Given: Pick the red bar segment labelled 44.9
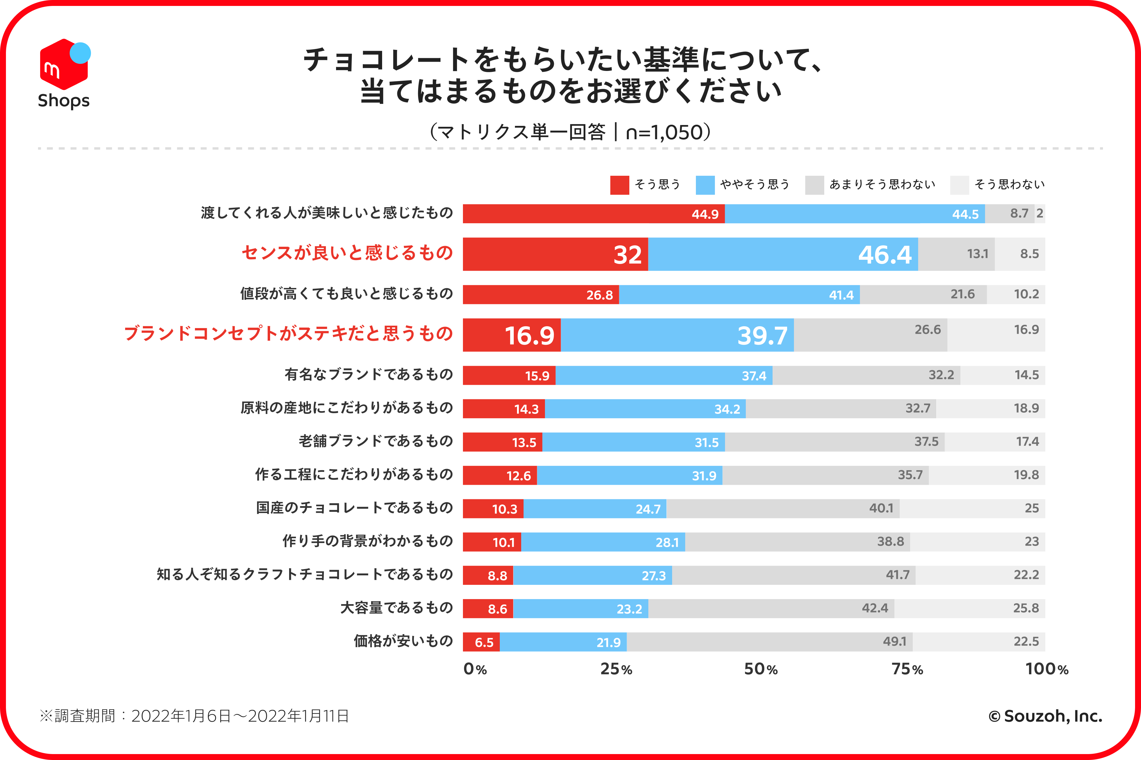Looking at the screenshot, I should click(x=593, y=214).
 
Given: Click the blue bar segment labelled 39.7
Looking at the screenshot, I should click(x=677, y=335).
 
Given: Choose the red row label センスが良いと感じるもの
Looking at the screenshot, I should click(x=347, y=253).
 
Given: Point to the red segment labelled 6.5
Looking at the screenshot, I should click(x=481, y=642).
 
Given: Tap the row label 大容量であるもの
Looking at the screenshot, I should click(x=396, y=608).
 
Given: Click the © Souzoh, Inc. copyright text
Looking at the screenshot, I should click(x=1045, y=716).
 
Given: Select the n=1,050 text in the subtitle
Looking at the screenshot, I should click(x=664, y=132).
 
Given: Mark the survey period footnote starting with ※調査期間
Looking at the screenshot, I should click(x=194, y=716).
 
